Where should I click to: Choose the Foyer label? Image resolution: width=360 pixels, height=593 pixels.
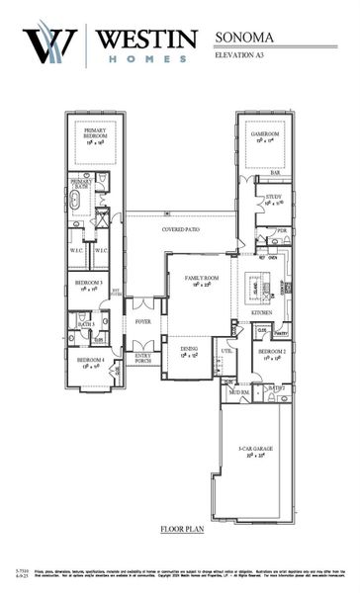pyautogui.click(x=143, y=321)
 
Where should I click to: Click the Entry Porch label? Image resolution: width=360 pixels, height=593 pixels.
pyautogui.click(x=143, y=359)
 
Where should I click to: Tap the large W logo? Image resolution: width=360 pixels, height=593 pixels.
pyautogui.click(x=46, y=46)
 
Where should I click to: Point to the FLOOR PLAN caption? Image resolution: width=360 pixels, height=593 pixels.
pyautogui.click(x=183, y=530)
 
